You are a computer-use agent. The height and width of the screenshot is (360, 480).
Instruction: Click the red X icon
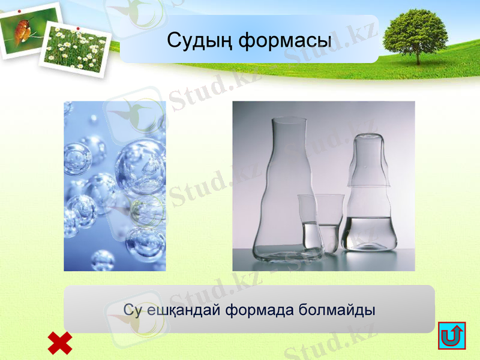[60, 343]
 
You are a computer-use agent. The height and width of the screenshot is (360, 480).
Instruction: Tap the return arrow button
[452, 335]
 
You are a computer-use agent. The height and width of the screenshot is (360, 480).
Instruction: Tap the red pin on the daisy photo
[77, 28]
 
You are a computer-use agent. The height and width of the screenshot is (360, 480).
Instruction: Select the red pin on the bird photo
[20, 11]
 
